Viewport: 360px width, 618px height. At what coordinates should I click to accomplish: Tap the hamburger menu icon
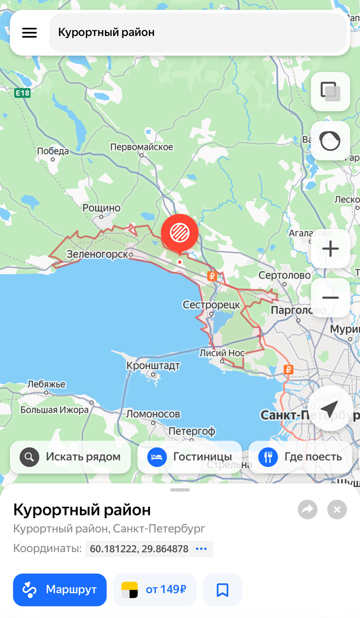(x=29, y=32)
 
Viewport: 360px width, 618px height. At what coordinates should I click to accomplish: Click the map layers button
(x=330, y=92)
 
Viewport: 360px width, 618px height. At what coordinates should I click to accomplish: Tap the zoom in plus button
(x=330, y=249)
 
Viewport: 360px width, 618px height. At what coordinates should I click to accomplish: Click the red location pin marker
(x=179, y=233)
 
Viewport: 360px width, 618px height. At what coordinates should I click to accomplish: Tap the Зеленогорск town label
(x=97, y=254)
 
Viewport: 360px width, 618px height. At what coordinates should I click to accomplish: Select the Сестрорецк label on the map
(x=211, y=305)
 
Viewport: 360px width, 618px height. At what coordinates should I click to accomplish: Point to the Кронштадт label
(x=153, y=366)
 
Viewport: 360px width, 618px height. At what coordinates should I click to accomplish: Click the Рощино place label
(x=101, y=208)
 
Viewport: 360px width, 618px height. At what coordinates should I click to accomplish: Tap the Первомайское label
(x=142, y=147)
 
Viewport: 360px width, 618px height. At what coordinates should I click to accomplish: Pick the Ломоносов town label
(x=153, y=414)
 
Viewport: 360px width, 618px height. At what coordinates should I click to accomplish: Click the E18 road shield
(x=23, y=93)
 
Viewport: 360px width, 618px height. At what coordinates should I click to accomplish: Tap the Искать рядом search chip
(x=71, y=457)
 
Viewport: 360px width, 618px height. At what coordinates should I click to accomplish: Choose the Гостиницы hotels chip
(x=190, y=457)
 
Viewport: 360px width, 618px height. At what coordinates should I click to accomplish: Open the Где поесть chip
(x=300, y=457)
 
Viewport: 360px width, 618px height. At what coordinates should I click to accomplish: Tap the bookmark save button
(x=222, y=590)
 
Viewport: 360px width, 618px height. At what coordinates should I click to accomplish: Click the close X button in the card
(x=337, y=510)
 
